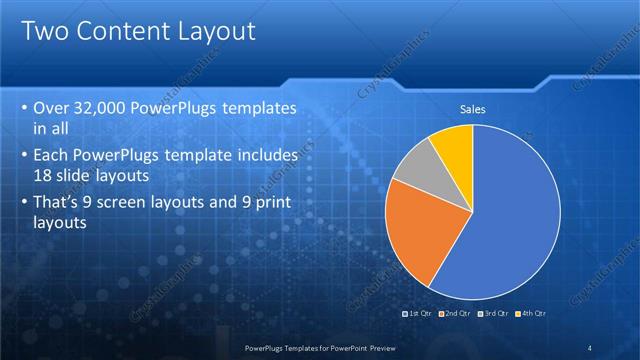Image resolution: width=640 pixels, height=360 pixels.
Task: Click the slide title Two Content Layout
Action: (137, 31)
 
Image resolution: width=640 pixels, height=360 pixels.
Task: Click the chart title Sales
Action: (473, 110)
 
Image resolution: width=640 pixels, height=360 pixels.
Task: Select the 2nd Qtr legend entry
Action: (455, 313)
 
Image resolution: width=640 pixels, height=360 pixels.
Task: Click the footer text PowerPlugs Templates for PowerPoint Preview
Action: (319, 346)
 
